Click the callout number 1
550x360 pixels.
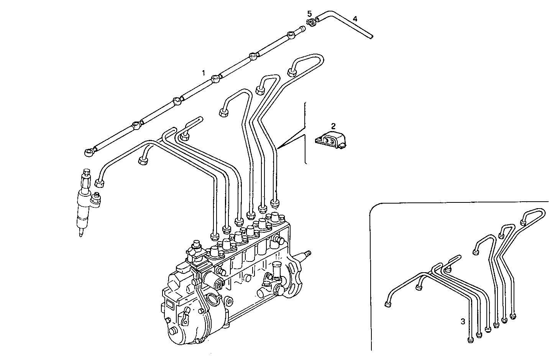[204, 72]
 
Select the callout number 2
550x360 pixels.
[333, 126]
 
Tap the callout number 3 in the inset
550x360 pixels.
[463, 321]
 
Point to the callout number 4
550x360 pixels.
[355, 19]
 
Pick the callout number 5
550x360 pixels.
[309, 14]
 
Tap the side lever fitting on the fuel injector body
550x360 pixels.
[96, 199]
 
